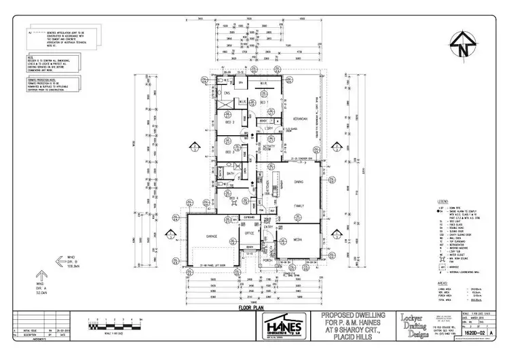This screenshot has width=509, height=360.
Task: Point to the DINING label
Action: tap(299, 181)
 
